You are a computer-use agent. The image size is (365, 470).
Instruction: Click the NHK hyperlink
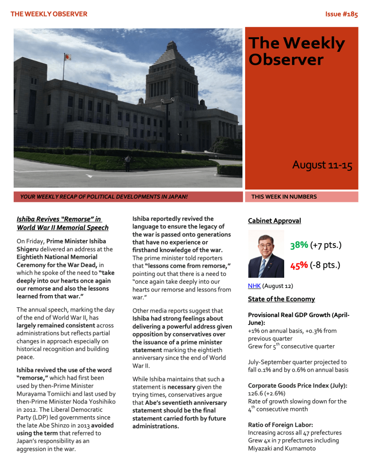point(254,286)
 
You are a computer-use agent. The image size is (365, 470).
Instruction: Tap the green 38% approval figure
point(299,245)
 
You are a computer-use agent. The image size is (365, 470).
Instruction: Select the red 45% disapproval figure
point(299,265)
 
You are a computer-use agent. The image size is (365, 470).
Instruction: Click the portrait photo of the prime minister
point(266,254)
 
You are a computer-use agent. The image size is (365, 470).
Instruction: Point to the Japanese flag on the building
point(67,57)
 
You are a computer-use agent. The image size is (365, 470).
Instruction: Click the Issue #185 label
point(341,14)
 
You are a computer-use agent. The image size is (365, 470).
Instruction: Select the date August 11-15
point(322,165)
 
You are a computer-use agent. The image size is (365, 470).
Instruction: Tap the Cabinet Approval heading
point(274,221)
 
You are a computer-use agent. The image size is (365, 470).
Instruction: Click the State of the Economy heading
point(281,299)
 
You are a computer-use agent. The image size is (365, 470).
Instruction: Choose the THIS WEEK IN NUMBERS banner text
point(284,197)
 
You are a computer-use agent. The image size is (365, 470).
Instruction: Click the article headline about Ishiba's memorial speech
point(62,224)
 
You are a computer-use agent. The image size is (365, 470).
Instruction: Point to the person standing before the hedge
point(128,162)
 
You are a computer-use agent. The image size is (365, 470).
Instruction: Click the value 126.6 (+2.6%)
point(266,393)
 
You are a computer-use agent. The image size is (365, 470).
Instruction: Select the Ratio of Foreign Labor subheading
point(280,425)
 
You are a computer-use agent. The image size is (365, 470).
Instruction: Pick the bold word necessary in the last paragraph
point(184,387)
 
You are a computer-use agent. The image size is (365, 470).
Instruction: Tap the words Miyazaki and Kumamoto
point(281,448)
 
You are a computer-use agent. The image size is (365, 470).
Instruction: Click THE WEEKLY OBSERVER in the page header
point(49,14)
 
